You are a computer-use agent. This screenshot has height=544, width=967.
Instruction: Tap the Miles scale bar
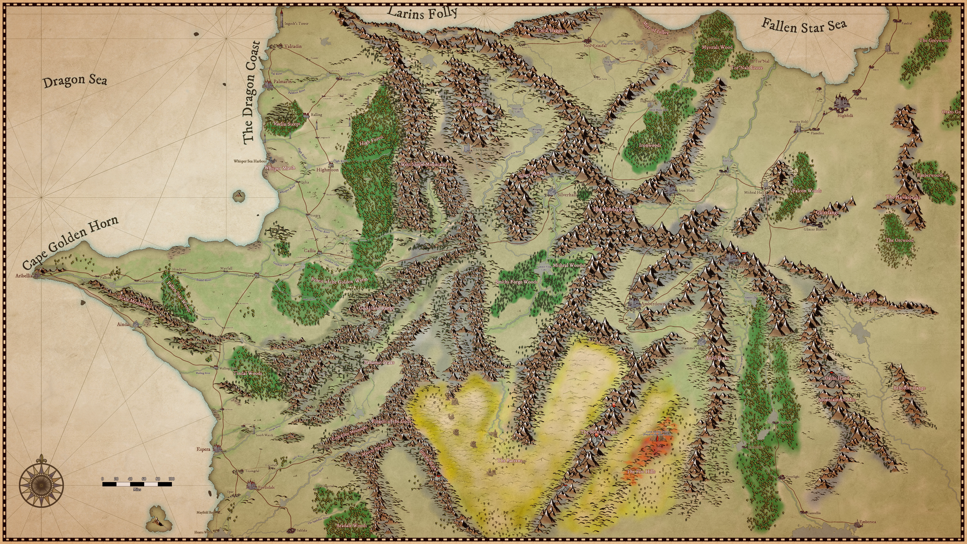pyautogui.click(x=137, y=484)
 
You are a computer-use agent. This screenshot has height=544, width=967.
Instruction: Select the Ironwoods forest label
pyautogui.click(x=650, y=145)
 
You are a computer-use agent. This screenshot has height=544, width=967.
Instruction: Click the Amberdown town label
pyautogui.click(x=653, y=304)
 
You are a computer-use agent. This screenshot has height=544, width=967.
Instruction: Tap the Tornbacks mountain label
pyautogui.click(x=475, y=104)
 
